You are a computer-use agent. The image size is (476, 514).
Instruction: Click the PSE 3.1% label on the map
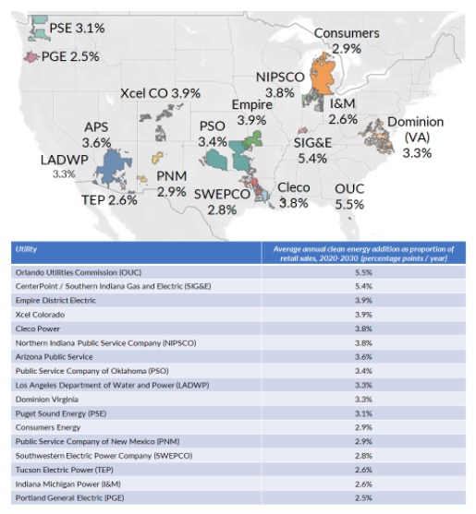pyautogui.click(x=76, y=28)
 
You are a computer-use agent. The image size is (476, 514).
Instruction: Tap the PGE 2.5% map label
pyautogui.click(x=70, y=57)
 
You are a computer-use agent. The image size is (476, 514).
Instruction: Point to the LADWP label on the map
pyautogui.click(x=64, y=161)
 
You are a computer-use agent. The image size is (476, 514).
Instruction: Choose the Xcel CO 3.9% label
pyautogui.click(x=161, y=93)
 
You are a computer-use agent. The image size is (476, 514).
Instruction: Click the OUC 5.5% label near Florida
pyautogui.click(x=349, y=196)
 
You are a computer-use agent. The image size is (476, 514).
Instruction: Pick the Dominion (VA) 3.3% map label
pyautogui.click(x=416, y=137)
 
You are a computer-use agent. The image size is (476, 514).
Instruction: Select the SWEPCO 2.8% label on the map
pyautogui.click(x=222, y=201)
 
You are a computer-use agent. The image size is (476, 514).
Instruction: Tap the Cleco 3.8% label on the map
pyautogui.click(x=294, y=195)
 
